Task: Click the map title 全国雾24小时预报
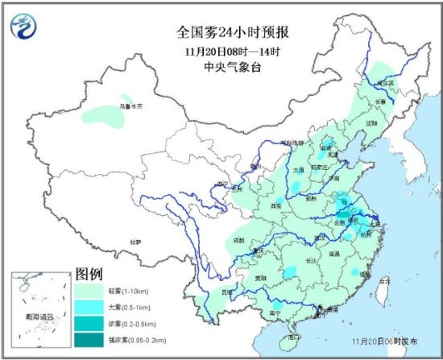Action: click(221, 33)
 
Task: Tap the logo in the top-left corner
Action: click(27, 28)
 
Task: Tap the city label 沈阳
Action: click(371, 123)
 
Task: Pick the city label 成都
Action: click(239, 239)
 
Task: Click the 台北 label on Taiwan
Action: click(383, 281)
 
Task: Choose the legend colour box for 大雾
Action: click(93, 308)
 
